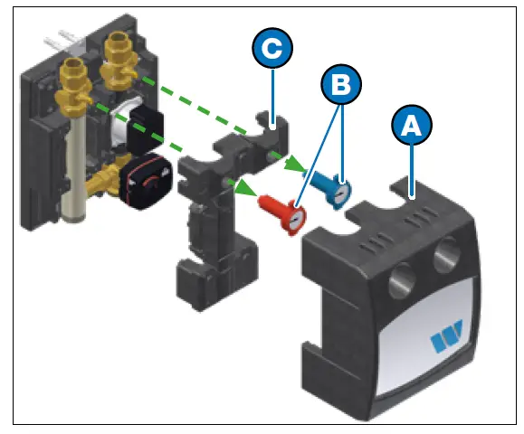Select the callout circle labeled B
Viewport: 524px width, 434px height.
tap(340, 85)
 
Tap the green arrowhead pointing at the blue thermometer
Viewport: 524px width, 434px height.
tap(296, 166)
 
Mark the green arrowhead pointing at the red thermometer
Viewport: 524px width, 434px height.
tap(243, 188)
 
